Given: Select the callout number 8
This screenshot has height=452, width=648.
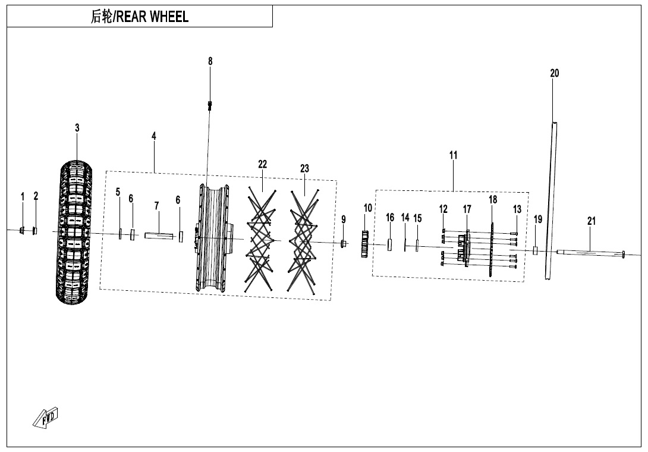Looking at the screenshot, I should pyautogui.click(x=210, y=61).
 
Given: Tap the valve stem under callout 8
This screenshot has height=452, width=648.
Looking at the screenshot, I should pyautogui.click(x=210, y=107).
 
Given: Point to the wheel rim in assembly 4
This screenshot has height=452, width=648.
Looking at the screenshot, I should pyautogui.click(x=213, y=238).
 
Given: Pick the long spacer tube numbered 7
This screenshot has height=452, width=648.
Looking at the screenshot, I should pyautogui.click(x=158, y=236).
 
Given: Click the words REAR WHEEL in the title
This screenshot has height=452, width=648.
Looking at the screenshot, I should pyautogui.click(x=152, y=17).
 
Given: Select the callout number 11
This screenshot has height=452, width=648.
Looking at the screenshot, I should pyautogui.click(x=454, y=155).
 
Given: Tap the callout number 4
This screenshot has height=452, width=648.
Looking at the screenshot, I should pyautogui.click(x=154, y=136).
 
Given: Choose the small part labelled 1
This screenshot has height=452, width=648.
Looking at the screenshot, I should pyautogui.click(x=23, y=231).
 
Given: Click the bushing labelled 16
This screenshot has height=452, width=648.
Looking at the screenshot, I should pyautogui.click(x=390, y=244).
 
